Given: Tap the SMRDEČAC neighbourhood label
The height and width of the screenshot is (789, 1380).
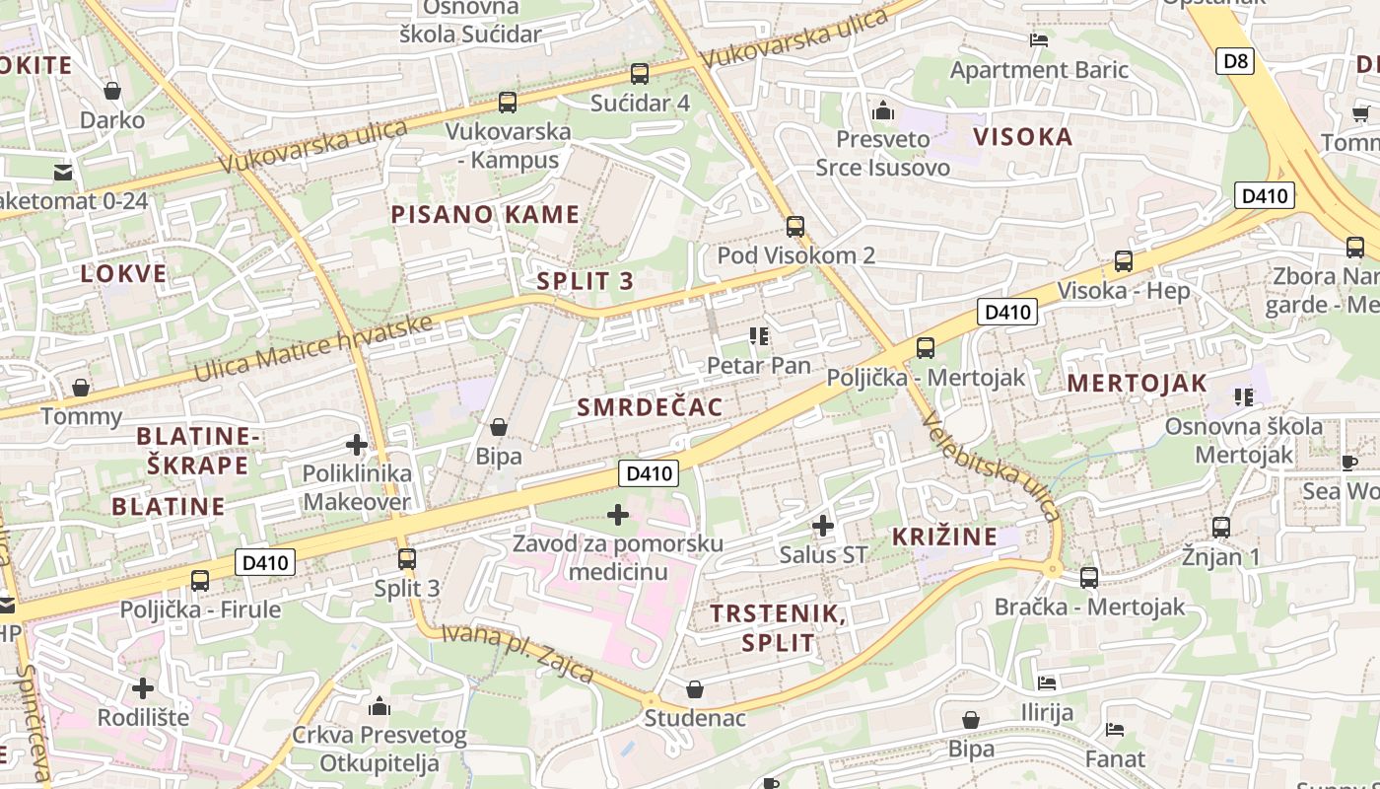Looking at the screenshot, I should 650,406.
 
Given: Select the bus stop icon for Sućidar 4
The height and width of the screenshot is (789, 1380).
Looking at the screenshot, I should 640,74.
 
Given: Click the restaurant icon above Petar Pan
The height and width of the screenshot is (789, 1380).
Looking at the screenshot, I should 758,336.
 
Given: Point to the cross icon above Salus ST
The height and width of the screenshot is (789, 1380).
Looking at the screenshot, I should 822,526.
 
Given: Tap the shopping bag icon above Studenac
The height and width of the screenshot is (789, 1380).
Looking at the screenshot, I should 695,688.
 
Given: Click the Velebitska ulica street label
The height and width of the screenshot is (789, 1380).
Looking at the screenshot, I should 991,466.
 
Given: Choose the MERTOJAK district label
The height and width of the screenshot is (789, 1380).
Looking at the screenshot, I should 1137,384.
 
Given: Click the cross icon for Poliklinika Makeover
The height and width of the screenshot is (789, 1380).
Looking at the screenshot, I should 357,445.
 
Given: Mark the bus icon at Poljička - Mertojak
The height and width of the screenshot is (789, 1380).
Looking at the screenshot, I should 925,348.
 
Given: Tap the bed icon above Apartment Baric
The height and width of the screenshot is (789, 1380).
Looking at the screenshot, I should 1038,40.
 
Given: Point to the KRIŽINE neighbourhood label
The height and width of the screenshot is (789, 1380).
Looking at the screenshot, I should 944,537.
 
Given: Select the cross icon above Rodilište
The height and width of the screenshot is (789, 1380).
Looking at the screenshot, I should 143,687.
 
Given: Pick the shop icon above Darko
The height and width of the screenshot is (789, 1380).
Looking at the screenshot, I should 112,91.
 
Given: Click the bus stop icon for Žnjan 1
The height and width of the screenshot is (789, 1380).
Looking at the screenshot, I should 1221,528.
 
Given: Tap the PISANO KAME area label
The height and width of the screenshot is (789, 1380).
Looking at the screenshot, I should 485,214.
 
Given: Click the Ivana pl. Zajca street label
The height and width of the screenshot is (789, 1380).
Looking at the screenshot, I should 517,653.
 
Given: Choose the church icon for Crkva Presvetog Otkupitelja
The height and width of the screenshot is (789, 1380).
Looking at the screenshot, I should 379,706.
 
